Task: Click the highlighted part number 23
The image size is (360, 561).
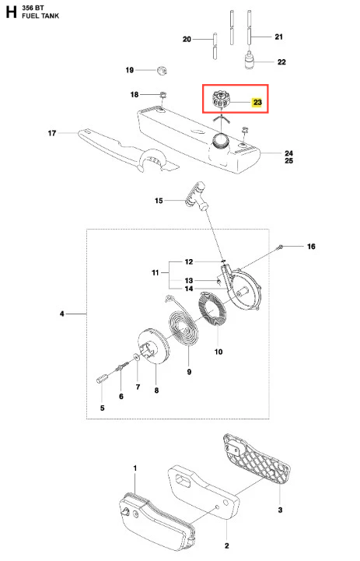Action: pyautogui.click(x=257, y=103)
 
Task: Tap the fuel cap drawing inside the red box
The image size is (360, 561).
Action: pyautogui.click(x=221, y=99)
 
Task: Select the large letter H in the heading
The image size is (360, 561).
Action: pyautogui.click(x=11, y=12)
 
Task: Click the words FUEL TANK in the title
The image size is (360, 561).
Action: pyautogui.click(x=40, y=16)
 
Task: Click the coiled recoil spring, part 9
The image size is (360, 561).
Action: pyautogui.click(x=183, y=327)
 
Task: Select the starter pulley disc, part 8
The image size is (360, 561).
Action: pyautogui.click(x=153, y=346)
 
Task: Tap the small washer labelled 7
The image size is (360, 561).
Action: pyautogui.click(x=137, y=356)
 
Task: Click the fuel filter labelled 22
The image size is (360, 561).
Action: pyautogui.click(x=250, y=60)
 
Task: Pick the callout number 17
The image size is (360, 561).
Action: pyautogui.click(x=52, y=133)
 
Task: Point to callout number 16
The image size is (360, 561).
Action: pyautogui.click(x=311, y=246)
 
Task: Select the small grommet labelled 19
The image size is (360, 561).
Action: pyautogui.click(x=162, y=70)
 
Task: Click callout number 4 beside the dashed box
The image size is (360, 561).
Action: pyautogui.click(x=62, y=314)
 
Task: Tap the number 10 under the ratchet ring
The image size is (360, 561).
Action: pyautogui.click(x=218, y=352)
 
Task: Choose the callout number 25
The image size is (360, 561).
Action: pyautogui.click(x=289, y=160)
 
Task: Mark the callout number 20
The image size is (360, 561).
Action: pyautogui.click(x=187, y=39)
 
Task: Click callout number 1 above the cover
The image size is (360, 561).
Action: pyautogui.click(x=135, y=468)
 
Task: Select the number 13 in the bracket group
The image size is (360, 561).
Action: pyautogui.click(x=189, y=280)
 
